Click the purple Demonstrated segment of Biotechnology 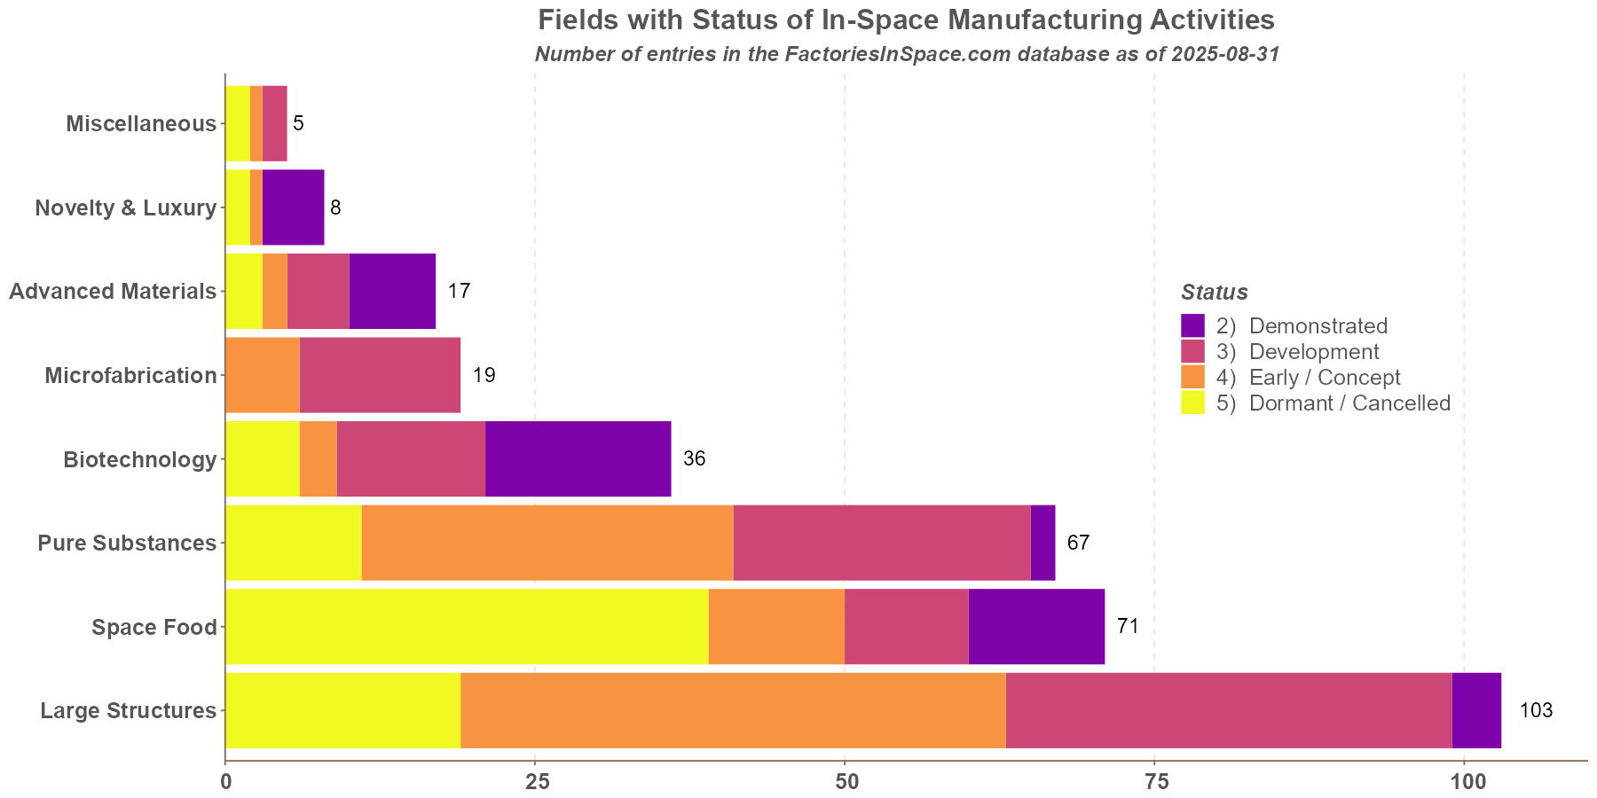coord(578,458)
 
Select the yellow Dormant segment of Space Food coord(467,626)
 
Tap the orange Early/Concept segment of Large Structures coord(733,710)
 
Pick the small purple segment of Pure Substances coord(1042,543)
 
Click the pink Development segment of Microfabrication coord(380,375)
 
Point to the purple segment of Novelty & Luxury coord(293,207)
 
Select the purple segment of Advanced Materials coord(392,291)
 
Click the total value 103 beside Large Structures coord(1536,710)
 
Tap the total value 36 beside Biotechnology coord(694,458)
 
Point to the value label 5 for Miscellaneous coord(298,123)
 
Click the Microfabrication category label coord(130,375)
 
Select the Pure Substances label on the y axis coord(127,543)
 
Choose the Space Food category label coord(154,627)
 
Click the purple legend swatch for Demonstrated coord(1193,325)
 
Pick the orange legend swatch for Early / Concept coord(1193,377)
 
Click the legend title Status coord(1215,292)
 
